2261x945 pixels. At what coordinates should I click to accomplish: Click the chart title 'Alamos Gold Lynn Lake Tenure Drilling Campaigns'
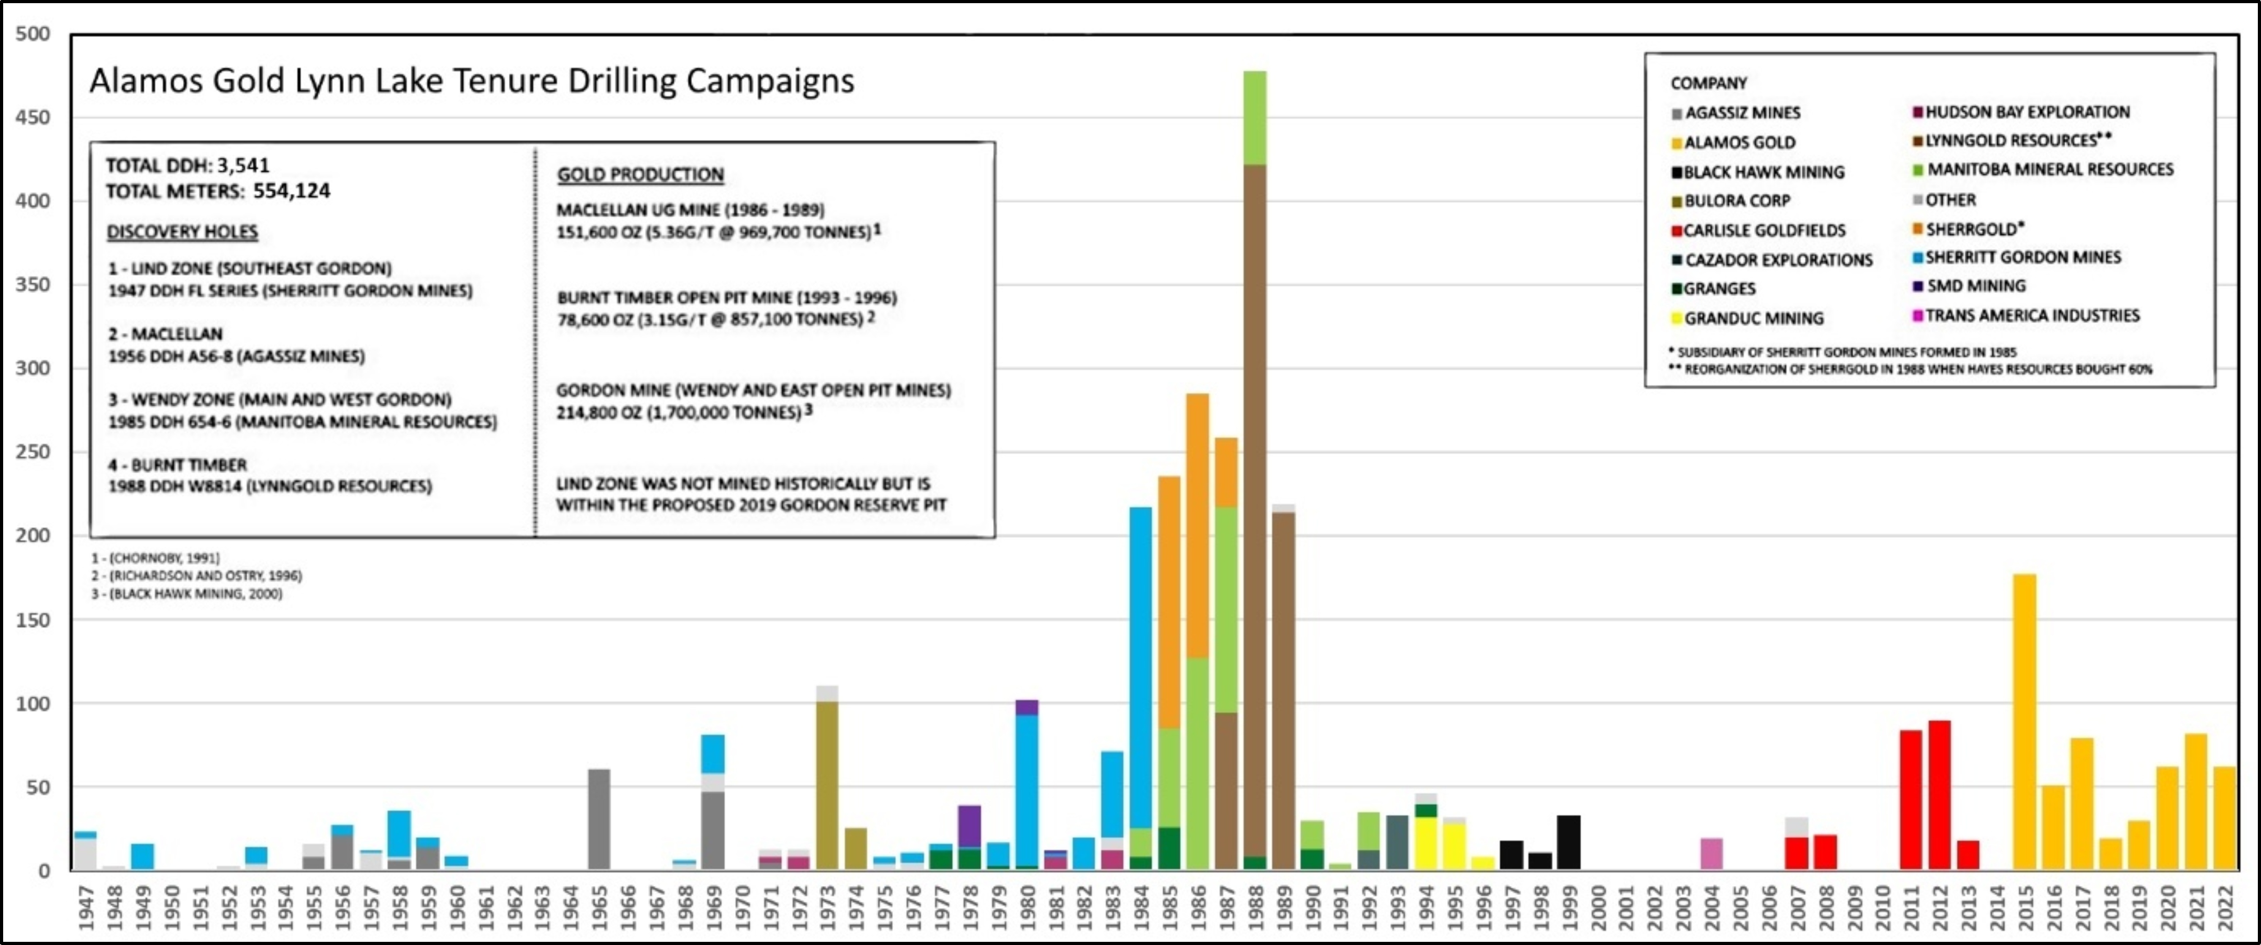pyautogui.click(x=471, y=81)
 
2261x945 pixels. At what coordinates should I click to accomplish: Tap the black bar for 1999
pyautogui.click(x=1569, y=842)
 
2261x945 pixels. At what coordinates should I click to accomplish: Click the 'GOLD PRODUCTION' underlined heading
pyautogui.click(x=640, y=174)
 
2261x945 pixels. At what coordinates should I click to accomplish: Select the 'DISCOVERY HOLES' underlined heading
pyautogui.click(x=182, y=232)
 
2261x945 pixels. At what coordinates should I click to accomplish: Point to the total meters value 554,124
pyautogui.click(x=291, y=191)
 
